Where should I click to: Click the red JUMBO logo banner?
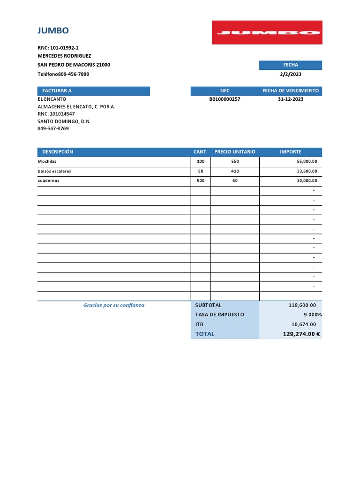click(x=267, y=32)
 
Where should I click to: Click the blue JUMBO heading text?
click(x=53, y=31)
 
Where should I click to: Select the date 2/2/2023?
click(x=290, y=74)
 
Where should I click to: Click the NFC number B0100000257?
click(x=225, y=99)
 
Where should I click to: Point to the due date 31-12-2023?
click(x=290, y=99)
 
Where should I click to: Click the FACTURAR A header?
click(x=57, y=91)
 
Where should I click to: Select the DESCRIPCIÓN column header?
click(x=58, y=152)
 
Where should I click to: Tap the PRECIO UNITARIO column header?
click(x=235, y=152)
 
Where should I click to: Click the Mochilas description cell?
click(x=47, y=162)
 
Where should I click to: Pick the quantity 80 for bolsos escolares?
click(x=201, y=171)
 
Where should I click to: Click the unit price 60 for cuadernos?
click(x=235, y=180)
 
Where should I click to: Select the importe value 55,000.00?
click(x=307, y=162)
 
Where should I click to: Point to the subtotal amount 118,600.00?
click(x=302, y=305)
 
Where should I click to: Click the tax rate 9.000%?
click(x=313, y=315)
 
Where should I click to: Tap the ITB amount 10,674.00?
click(x=303, y=324)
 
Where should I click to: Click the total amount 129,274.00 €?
click(x=301, y=334)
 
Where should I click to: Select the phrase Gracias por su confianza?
click(x=114, y=305)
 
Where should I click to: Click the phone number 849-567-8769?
click(x=53, y=128)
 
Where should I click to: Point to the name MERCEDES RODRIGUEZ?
click(x=64, y=56)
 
